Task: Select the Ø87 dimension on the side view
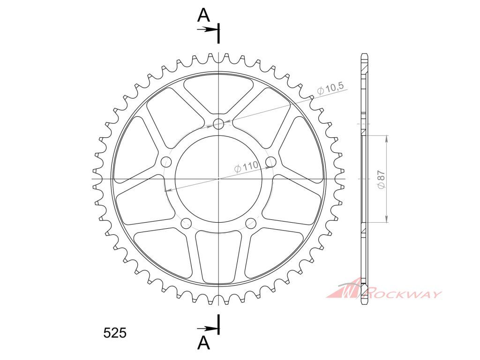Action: click(381, 180)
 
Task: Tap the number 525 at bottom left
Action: click(115, 333)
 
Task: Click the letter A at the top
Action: click(203, 15)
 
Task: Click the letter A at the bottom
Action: click(203, 343)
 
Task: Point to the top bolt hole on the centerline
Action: click(218, 124)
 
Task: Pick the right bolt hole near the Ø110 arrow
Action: click(271, 161)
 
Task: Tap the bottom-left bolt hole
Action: click(186, 223)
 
